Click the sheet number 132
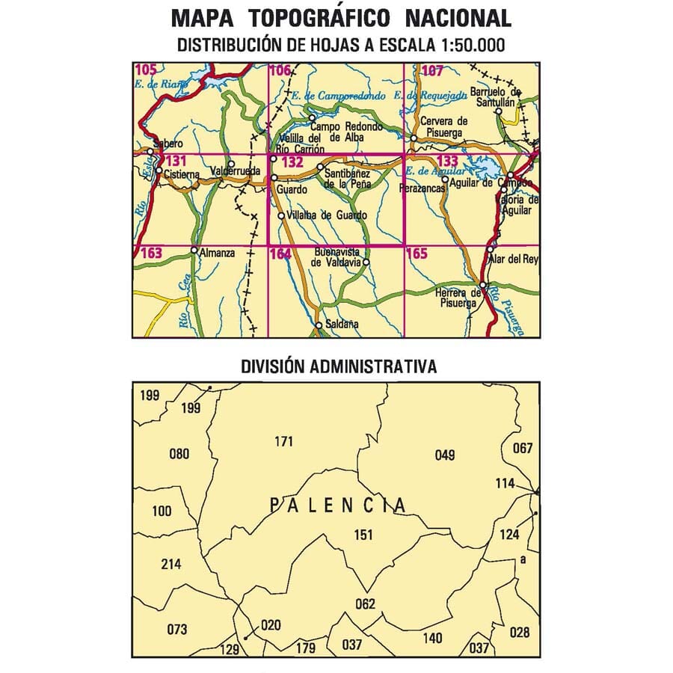click(293, 162)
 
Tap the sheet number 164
click(280, 254)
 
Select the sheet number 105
click(147, 71)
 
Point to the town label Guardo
click(291, 189)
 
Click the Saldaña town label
click(342, 325)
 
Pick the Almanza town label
click(218, 253)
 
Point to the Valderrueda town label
click(236, 171)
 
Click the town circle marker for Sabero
click(151, 152)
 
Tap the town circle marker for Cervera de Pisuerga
click(414, 138)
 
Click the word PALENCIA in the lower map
click(338, 506)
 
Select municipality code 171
click(283, 442)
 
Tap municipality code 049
click(444, 455)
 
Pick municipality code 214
click(171, 564)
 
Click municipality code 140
click(432, 638)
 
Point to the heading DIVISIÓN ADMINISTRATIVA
click(339, 367)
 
